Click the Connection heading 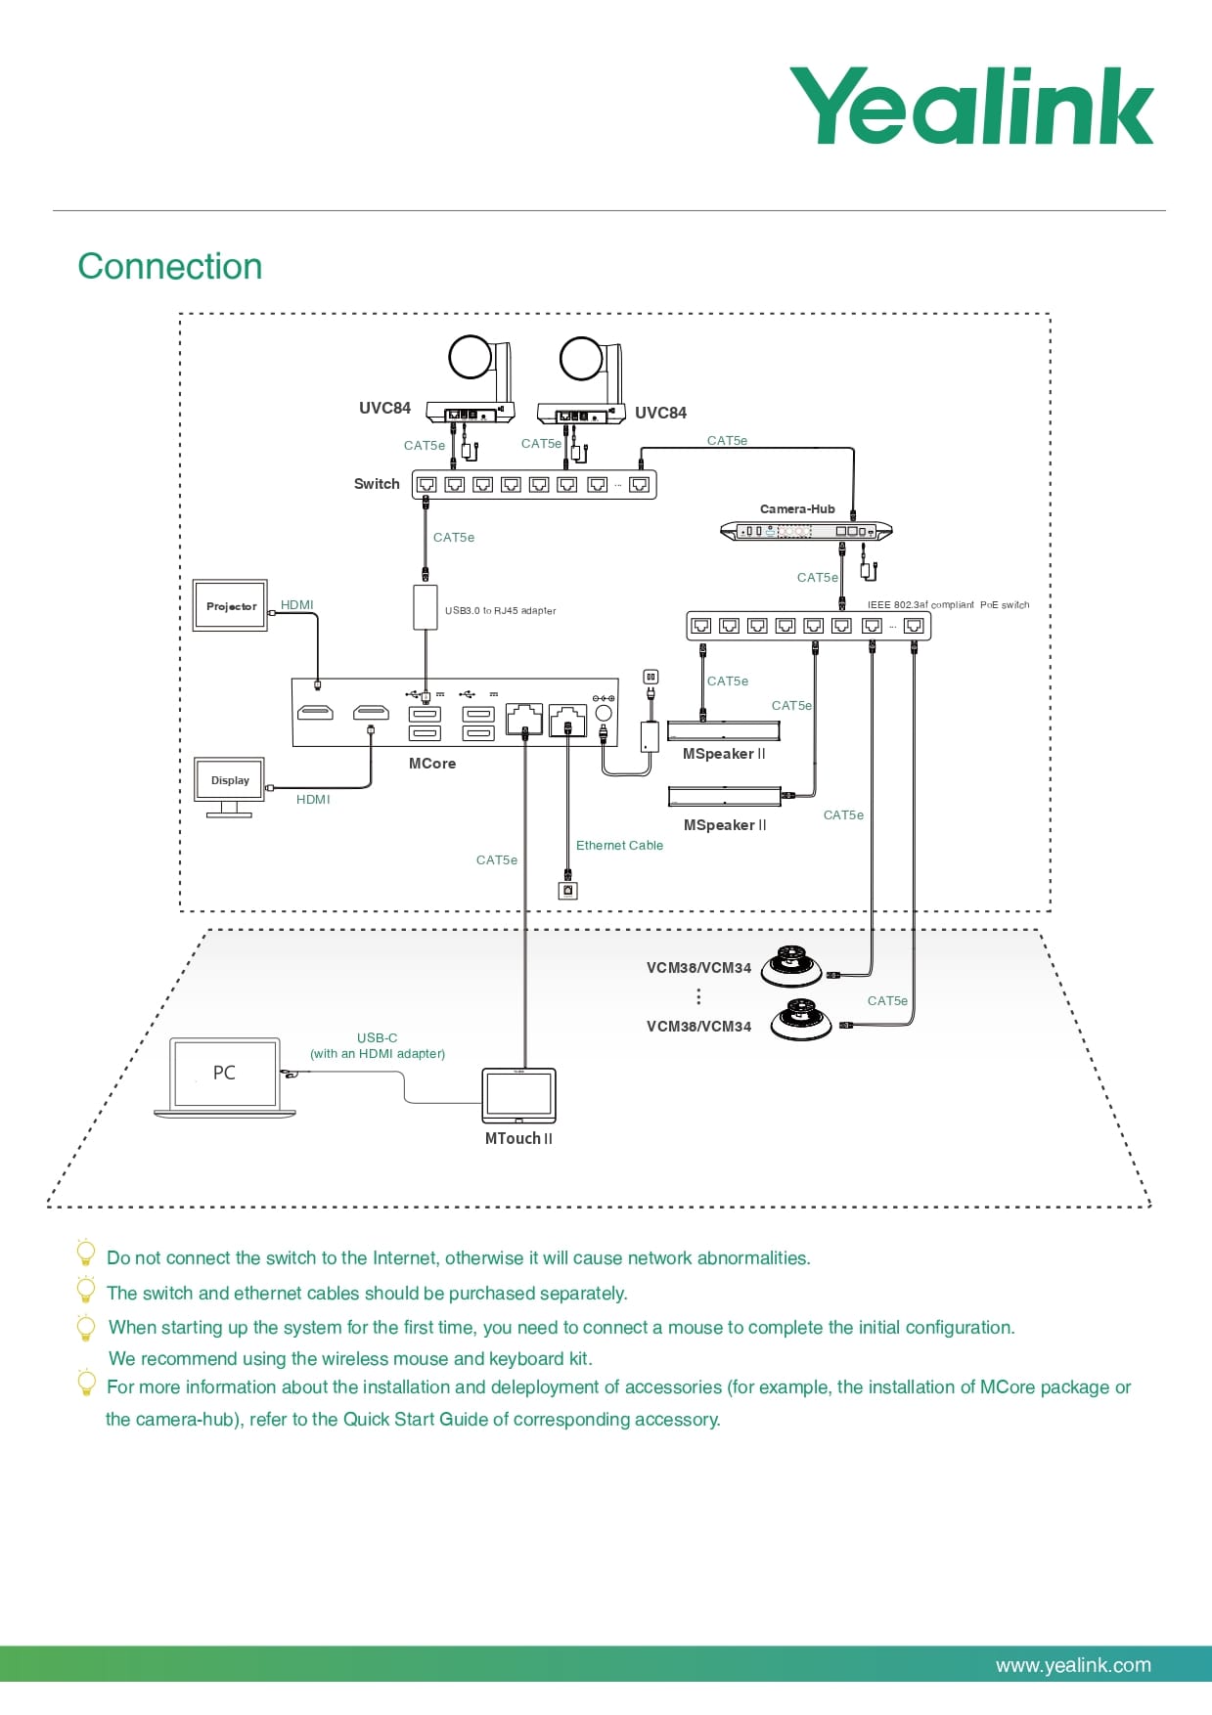pos(170,267)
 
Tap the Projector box pos(231,606)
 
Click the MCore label pos(432,764)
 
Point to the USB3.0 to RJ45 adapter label pos(500,611)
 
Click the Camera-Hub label pos(797,509)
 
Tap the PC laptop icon pos(225,1076)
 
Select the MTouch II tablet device pos(518,1095)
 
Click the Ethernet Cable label pos(619,846)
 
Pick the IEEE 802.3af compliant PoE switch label pos(948,605)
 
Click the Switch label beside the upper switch pos(377,484)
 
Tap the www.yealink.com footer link pos(1073,1665)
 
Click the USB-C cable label pos(377,1038)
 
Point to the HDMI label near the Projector pos(297,605)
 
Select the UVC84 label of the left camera pos(384,409)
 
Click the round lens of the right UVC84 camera pos(581,359)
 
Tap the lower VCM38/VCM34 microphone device pos(800,1021)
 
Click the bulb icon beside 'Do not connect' pos(86,1253)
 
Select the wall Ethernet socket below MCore pos(567,891)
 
